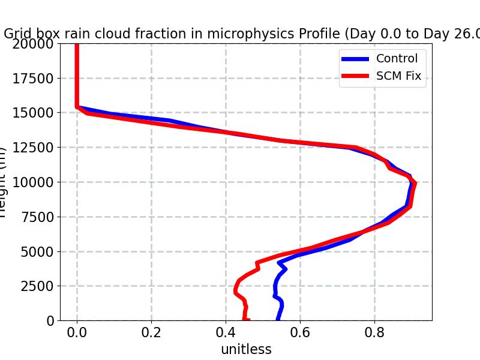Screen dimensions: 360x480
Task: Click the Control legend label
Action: [x=396, y=58]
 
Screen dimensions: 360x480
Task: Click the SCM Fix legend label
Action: [x=398, y=76]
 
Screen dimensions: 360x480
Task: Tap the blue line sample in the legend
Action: [x=356, y=59]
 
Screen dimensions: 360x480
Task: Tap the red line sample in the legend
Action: [x=356, y=77]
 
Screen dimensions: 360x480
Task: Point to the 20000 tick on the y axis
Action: [x=34, y=44]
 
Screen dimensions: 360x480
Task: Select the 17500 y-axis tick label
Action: [x=34, y=79]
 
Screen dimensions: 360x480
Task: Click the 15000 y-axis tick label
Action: [x=34, y=113]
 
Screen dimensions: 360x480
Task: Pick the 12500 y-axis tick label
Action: [x=34, y=148]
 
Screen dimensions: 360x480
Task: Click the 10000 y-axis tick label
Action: [x=34, y=182]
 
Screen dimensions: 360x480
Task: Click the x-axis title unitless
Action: [x=246, y=349]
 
